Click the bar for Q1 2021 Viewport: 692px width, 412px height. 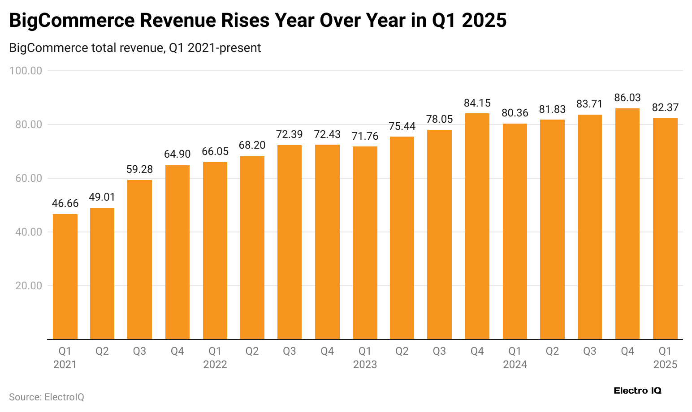65,276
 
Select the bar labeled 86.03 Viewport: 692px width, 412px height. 627,224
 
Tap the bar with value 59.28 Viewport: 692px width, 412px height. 139,260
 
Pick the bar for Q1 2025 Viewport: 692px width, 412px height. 665,228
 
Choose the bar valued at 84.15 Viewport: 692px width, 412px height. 477,226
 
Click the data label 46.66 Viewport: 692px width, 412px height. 65,203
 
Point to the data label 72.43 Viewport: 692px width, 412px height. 327,134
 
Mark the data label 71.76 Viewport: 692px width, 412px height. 365,136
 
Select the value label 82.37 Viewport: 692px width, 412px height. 665,107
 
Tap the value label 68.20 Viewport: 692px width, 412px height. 252,145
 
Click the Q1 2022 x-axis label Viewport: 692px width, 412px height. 215,357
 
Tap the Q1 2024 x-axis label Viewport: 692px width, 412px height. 515,357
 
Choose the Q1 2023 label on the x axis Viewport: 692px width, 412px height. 365,357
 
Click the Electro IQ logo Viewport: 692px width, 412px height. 637,391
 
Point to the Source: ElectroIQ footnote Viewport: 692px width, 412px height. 47,397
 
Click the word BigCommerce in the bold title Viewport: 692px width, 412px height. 71,21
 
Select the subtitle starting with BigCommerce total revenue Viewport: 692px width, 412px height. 135,47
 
